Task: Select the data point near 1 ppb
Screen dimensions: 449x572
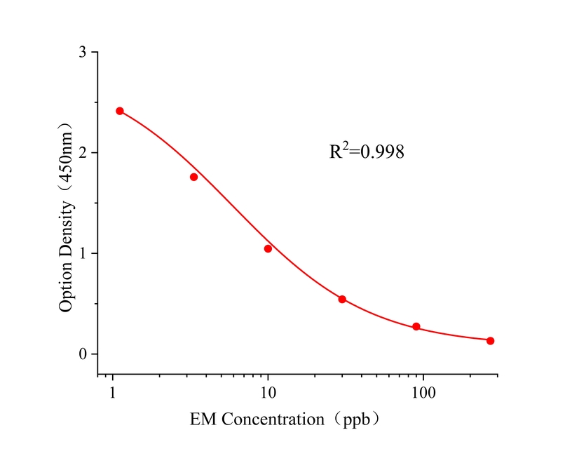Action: [120, 111]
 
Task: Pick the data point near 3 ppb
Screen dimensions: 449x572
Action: [193, 177]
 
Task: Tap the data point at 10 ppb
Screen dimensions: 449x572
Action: [268, 248]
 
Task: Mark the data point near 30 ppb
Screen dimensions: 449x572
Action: [342, 299]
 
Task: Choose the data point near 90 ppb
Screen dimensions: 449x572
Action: [416, 326]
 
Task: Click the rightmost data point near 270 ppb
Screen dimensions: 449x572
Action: [490, 341]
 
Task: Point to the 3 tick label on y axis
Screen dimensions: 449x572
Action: [83, 53]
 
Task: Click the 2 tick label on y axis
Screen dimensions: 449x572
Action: [83, 153]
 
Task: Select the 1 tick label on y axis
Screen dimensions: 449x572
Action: [83, 253]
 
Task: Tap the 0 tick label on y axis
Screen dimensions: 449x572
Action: [83, 354]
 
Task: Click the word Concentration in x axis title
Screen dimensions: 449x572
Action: [271, 420]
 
